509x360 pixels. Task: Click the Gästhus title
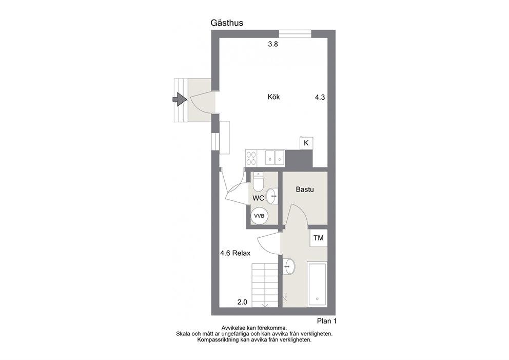[x=227, y=23]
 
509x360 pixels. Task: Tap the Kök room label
[x=273, y=97]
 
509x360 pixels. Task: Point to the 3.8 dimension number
[x=273, y=44]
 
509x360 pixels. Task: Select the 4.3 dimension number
[x=320, y=97]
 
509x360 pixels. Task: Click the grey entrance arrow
[x=180, y=100]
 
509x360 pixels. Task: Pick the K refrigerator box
[x=306, y=143]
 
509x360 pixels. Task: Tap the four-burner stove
[x=251, y=158]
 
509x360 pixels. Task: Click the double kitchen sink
[x=275, y=158]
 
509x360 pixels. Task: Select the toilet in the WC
[x=259, y=182]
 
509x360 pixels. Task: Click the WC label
[x=259, y=198]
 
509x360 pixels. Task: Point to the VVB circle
[x=259, y=216]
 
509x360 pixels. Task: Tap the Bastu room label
[x=305, y=190]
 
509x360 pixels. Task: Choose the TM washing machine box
[x=319, y=238]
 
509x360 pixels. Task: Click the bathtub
[x=317, y=285]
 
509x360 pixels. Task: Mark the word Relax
[x=241, y=253]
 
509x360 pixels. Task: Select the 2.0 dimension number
[x=242, y=302]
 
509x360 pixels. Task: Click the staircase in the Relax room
[x=265, y=285]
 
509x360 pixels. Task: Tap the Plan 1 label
[x=326, y=321]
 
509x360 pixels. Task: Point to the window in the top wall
[x=295, y=34]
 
